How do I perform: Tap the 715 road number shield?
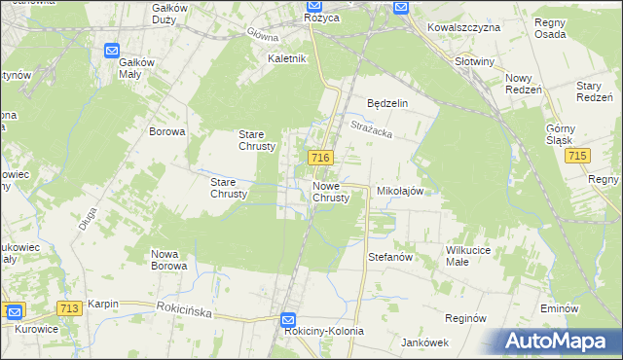(x=579, y=157)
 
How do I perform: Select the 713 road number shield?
(x=68, y=308)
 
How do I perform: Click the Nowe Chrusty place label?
(x=331, y=192)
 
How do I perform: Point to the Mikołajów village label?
(x=399, y=192)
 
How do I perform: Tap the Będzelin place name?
(x=386, y=102)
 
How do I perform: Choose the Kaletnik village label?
(x=287, y=58)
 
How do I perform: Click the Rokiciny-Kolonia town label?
(x=324, y=331)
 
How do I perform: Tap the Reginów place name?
(x=464, y=318)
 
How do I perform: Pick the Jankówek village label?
(x=423, y=342)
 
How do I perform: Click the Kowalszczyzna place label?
(x=463, y=27)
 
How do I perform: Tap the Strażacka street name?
(x=371, y=126)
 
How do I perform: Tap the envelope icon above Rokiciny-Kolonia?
(x=287, y=318)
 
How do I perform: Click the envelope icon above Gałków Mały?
(x=112, y=51)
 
